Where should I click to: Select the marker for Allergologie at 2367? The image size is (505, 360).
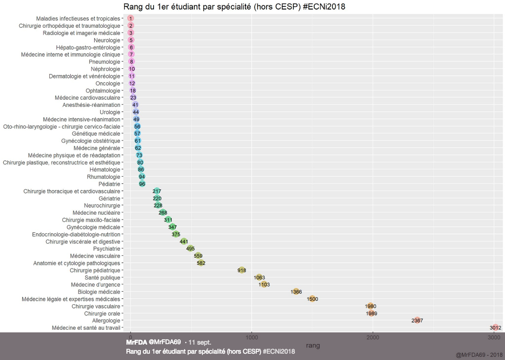417,321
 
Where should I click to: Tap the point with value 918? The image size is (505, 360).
242,270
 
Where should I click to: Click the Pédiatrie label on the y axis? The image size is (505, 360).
109,184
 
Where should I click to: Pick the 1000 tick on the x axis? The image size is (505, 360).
252,337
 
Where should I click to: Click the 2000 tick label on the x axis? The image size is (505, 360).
373,337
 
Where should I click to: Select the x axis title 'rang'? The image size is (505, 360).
313,346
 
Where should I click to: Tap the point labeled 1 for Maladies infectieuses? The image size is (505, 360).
130,19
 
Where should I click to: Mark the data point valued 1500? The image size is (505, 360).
312,299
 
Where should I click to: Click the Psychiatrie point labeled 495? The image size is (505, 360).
191,249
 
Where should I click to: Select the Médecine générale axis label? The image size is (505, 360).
97,148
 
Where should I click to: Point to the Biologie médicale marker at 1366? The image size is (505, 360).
296,292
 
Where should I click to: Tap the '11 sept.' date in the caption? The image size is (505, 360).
199,342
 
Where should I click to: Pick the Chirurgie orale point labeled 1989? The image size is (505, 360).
371,313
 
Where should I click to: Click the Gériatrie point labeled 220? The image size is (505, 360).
157,198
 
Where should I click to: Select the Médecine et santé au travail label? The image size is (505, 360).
86,328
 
